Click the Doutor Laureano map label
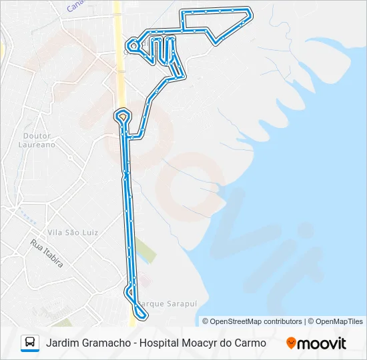[36, 140]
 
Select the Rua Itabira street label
[47, 254]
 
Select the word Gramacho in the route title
[107, 343]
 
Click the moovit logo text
[322, 343]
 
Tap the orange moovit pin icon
[291, 343]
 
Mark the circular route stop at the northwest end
[133, 45]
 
